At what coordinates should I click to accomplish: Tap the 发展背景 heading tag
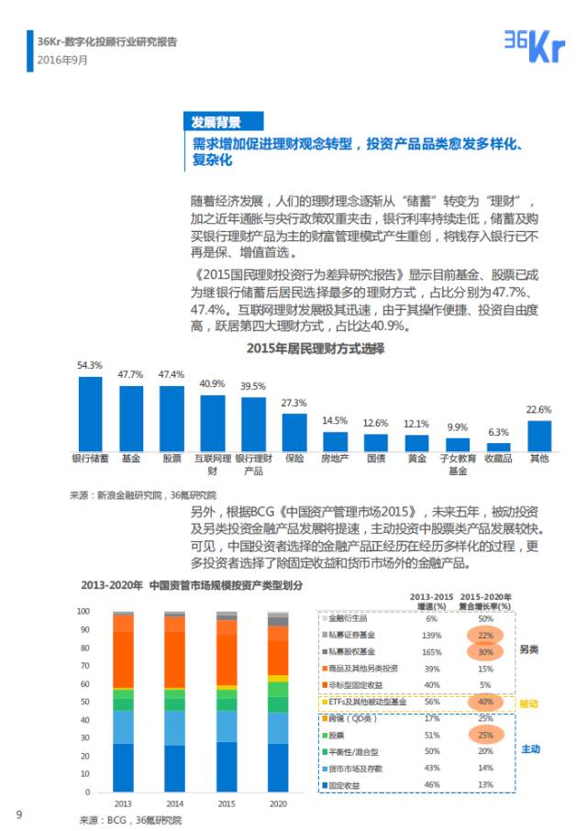[x=216, y=122]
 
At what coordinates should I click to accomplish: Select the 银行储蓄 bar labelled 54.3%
[x=90, y=413]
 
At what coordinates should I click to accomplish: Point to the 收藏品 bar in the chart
[x=498, y=445]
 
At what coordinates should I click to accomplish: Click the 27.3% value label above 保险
[x=293, y=403]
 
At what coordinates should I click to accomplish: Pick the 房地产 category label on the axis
[x=335, y=457]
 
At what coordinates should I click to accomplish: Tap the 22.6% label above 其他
[x=539, y=409]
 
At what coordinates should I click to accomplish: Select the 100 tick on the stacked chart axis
[x=83, y=611]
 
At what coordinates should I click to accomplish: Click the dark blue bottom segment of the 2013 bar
[x=123, y=767]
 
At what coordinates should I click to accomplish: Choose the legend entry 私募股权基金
[x=358, y=651]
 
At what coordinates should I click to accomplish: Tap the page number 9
[x=18, y=814]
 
